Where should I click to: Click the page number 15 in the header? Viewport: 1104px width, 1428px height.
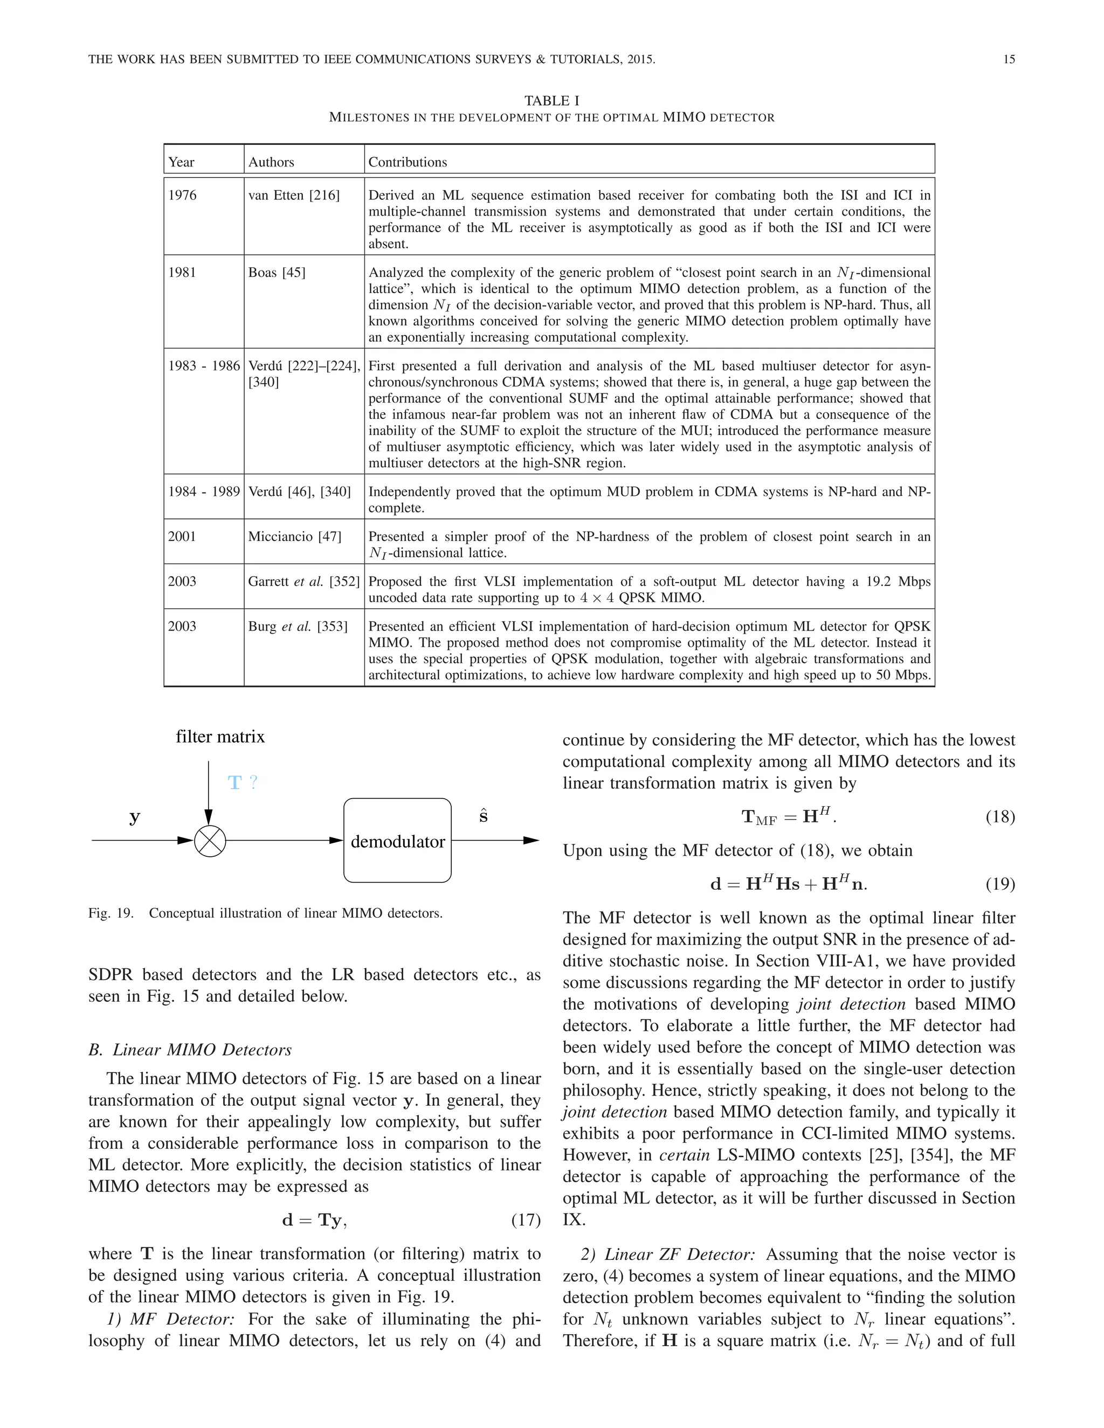(x=1009, y=59)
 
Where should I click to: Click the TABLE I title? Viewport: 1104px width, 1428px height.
(x=551, y=101)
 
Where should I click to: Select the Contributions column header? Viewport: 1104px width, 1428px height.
(x=408, y=162)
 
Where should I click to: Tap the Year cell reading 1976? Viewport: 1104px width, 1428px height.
(x=183, y=196)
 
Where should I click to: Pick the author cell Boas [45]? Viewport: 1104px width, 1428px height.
(x=277, y=273)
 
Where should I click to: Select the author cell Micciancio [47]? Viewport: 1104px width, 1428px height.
(x=294, y=537)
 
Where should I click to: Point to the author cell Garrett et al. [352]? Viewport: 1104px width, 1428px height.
(x=303, y=582)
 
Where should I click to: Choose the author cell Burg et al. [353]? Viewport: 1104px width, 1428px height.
(x=298, y=626)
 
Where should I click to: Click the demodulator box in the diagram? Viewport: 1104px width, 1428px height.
(x=398, y=841)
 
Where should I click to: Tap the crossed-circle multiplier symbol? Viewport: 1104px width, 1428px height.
(x=210, y=841)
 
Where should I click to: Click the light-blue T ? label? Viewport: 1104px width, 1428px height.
(x=243, y=782)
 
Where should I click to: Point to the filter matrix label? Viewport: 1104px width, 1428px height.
(x=220, y=737)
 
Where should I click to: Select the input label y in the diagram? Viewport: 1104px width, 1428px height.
(x=135, y=817)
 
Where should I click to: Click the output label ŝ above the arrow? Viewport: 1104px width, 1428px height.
(x=484, y=816)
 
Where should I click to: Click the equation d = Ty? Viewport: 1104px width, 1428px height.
(x=314, y=1220)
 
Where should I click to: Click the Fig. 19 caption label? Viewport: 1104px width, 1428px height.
(x=111, y=913)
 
